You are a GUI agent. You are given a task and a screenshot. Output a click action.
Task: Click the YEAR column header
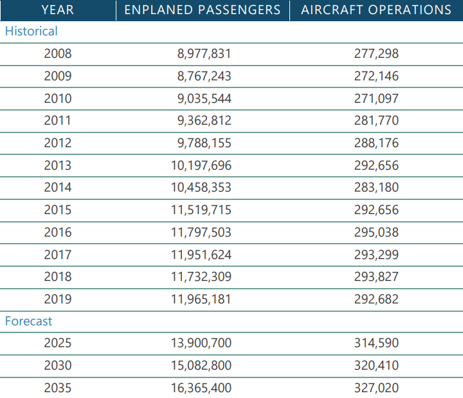pyautogui.click(x=57, y=10)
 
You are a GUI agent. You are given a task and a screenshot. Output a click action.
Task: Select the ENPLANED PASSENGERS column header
pyautogui.click(x=202, y=10)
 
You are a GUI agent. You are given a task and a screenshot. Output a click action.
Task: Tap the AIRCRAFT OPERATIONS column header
pyautogui.click(x=376, y=10)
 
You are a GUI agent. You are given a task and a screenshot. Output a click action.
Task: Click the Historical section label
pyautogui.click(x=31, y=31)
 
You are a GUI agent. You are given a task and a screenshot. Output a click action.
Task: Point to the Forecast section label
pyautogui.click(x=28, y=321)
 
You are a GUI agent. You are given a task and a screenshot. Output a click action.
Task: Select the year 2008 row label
pyautogui.click(x=58, y=54)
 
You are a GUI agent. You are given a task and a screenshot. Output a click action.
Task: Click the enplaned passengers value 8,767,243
pyautogui.click(x=204, y=76)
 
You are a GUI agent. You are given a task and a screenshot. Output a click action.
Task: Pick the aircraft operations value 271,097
pyautogui.click(x=376, y=98)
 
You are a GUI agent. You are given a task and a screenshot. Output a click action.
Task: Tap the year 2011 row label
pyautogui.click(x=58, y=120)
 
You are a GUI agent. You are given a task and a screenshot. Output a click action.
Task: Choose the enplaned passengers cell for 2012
pyautogui.click(x=204, y=143)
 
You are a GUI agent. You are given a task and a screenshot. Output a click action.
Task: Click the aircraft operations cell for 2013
pyautogui.click(x=376, y=165)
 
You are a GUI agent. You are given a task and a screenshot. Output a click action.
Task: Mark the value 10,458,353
pyautogui.click(x=201, y=188)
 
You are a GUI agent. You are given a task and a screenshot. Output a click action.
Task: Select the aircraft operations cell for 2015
pyautogui.click(x=376, y=210)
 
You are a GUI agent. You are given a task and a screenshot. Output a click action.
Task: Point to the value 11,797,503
pyautogui.click(x=201, y=232)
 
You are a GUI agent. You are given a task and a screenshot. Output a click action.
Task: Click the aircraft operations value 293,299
pyautogui.click(x=376, y=255)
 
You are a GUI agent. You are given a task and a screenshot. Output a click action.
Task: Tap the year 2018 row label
pyautogui.click(x=58, y=276)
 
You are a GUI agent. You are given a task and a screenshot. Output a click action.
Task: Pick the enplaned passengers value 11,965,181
pyautogui.click(x=201, y=299)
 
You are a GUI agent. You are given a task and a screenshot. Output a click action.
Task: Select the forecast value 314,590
pyautogui.click(x=376, y=343)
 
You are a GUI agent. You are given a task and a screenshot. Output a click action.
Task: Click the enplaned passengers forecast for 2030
pyautogui.click(x=201, y=365)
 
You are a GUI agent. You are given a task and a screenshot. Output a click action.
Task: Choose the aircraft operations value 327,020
pyautogui.click(x=376, y=388)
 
